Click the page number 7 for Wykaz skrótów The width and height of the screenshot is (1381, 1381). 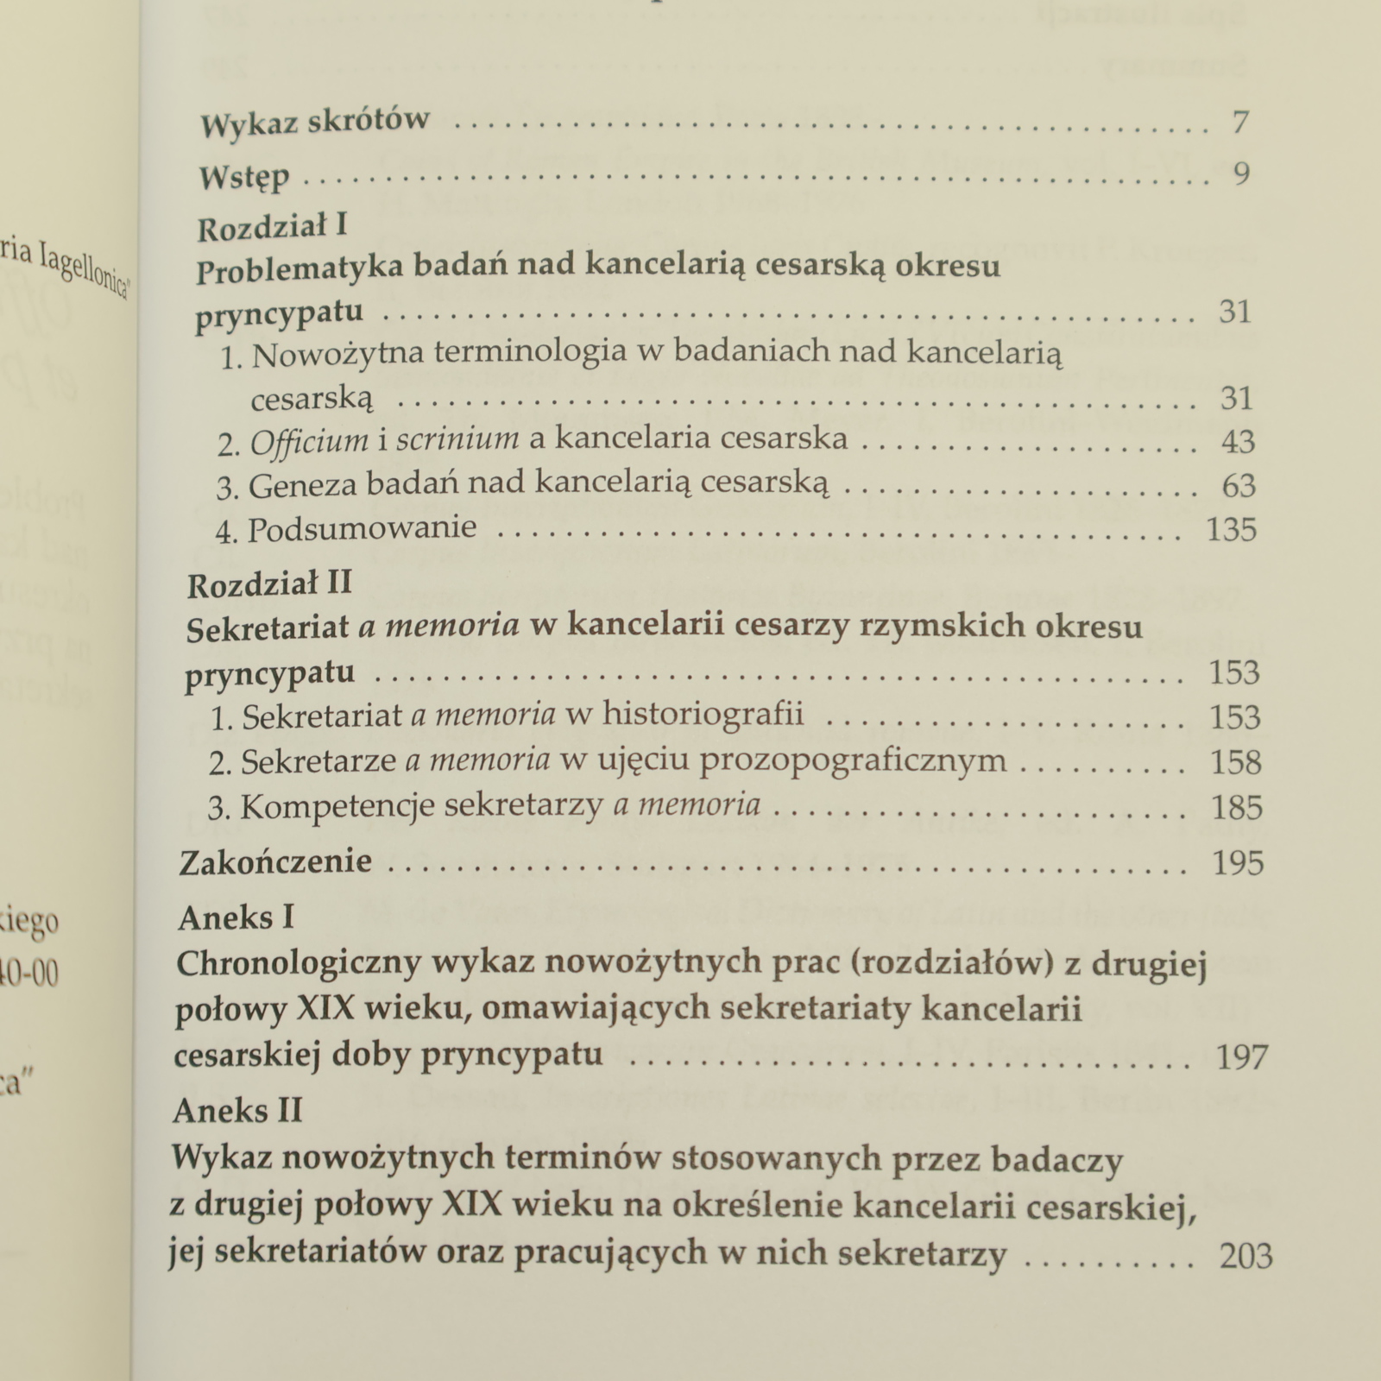[x=1240, y=123]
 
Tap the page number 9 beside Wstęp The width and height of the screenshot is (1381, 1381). [x=1241, y=175]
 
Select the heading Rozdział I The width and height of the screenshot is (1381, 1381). [x=272, y=228]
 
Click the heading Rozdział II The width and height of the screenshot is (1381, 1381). [x=269, y=584]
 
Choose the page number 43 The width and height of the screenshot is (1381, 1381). [x=1238, y=442]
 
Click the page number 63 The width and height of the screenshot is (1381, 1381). [x=1239, y=486]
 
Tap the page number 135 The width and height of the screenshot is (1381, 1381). [x=1232, y=530]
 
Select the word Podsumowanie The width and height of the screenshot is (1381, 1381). [x=363, y=528]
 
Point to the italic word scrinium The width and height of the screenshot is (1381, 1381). [x=457, y=440]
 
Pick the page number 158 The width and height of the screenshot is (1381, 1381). [x=1236, y=762]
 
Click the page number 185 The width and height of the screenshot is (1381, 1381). [x=1237, y=808]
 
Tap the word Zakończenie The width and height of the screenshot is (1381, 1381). [x=275, y=861]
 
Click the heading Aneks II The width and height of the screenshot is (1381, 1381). [x=237, y=1110]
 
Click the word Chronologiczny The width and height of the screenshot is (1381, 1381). [x=298, y=963]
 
